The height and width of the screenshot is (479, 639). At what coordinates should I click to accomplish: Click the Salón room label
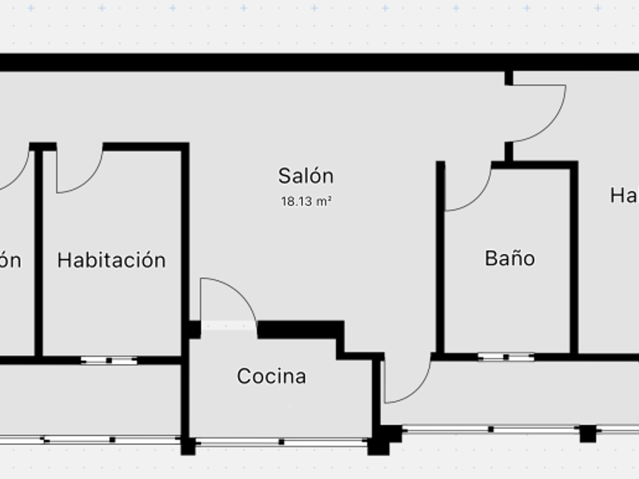click(x=306, y=176)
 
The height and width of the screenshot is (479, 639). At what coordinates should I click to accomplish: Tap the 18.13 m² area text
click(x=306, y=202)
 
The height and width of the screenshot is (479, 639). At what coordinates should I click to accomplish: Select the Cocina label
click(x=272, y=376)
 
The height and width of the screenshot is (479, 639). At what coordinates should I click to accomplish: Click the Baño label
click(x=510, y=259)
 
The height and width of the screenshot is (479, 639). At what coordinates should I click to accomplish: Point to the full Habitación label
click(x=112, y=260)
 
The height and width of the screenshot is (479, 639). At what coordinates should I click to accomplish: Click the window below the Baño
click(x=506, y=357)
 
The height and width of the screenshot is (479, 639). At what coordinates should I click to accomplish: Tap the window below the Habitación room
click(x=109, y=360)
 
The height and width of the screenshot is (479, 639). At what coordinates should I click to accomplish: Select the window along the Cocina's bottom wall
click(x=281, y=441)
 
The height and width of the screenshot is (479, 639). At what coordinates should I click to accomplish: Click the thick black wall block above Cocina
click(x=300, y=329)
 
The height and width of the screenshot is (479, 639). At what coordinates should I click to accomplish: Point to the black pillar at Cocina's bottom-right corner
click(x=378, y=446)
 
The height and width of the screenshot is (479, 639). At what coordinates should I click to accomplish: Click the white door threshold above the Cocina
click(x=228, y=325)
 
